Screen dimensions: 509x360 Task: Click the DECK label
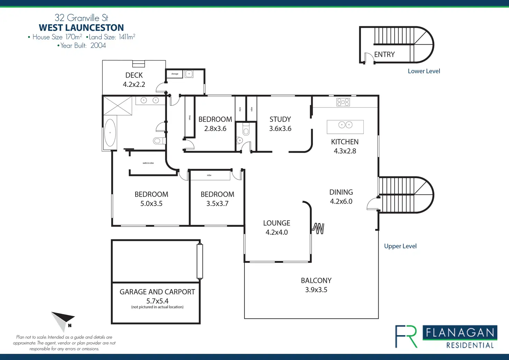click(x=134, y=75)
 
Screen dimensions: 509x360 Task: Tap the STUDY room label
click(x=280, y=119)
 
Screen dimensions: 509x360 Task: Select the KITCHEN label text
click(x=345, y=142)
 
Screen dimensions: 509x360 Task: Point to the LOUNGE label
click(x=277, y=223)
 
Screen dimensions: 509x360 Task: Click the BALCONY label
click(x=316, y=280)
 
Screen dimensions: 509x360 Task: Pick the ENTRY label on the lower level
click(x=384, y=55)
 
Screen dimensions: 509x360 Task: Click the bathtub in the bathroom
click(x=110, y=132)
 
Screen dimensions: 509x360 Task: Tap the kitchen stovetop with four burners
click(x=343, y=102)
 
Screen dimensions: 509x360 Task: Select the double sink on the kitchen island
click(x=345, y=125)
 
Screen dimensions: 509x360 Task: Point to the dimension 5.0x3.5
click(x=151, y=204)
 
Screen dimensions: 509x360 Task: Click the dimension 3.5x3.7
click(x=217, y=204)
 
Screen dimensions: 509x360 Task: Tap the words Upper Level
click(x=400, y=246)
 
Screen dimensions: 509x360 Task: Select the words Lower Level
click(x=424, y=71)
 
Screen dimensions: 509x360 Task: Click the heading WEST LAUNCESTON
click(x=81, y=28)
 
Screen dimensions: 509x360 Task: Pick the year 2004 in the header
click(x=98, y=46)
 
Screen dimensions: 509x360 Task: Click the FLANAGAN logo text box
click(x=460, y=333)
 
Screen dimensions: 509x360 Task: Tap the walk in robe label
click(x=148, y=163)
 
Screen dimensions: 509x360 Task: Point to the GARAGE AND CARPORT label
click(x=157, y=292)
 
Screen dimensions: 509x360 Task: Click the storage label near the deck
click(x=175, y=74)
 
